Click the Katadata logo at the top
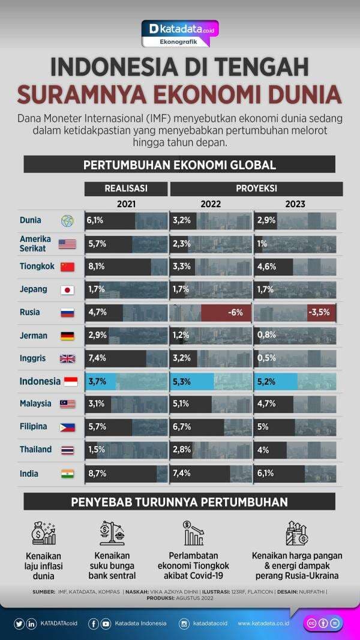[180, 28]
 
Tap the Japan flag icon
[67, 290]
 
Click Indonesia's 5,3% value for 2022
[182, 381]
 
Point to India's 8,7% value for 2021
[97, 473]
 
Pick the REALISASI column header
[126, 188]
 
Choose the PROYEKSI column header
[256, 188]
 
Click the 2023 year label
[295, 204]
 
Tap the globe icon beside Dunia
[67, 221]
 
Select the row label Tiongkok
[37, 266]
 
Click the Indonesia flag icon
[70, 382]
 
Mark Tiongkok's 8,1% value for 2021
[97, 267]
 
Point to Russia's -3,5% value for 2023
[319, 312]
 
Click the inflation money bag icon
[44, 533]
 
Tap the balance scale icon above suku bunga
[112, 533]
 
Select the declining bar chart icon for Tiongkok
[193, 533]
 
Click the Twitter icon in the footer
[19, 624]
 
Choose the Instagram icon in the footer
[184, 624]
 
